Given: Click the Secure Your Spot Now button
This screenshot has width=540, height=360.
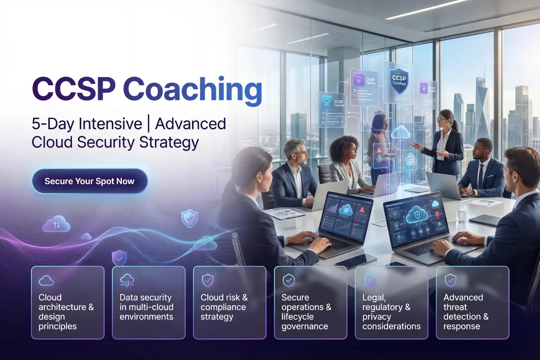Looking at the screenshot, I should (90, 181).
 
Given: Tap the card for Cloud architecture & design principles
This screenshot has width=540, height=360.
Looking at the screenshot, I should (67, 302).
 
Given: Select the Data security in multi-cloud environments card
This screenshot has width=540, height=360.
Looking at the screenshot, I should (148, 302).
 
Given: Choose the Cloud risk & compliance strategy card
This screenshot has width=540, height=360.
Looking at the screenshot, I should (229, 302).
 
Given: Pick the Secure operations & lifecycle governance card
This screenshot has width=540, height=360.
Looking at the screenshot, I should (310, 302).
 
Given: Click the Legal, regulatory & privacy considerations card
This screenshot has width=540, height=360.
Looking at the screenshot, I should (391, 302).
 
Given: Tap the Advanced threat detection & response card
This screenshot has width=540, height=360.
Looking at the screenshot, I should (472, 302).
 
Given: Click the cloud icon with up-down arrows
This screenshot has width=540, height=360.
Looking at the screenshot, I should (56, 224).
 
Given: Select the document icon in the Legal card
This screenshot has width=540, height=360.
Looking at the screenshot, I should (369, 281).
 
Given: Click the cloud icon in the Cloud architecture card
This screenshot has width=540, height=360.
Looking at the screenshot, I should (46, 281).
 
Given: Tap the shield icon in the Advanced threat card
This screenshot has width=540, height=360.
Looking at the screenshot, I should (450, 281).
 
